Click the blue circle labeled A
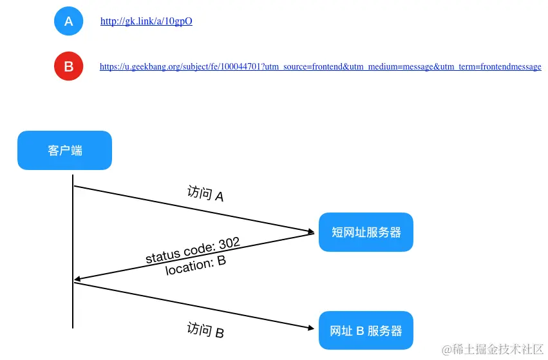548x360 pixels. (68, 21)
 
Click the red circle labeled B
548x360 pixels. (68, 66)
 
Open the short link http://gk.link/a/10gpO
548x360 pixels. (146, 21)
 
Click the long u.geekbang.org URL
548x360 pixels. (320, 67)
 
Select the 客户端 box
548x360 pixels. (64, 151)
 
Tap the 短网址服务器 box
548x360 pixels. (366, 232)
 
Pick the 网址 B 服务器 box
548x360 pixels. (366, 330)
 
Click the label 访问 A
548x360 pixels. (205, 194)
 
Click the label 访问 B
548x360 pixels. (205, 330)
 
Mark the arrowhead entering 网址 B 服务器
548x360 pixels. (310, 328)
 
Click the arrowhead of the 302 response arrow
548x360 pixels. (78, 279)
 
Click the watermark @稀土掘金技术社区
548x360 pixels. (493, 349)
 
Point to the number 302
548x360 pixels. (229, 243)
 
